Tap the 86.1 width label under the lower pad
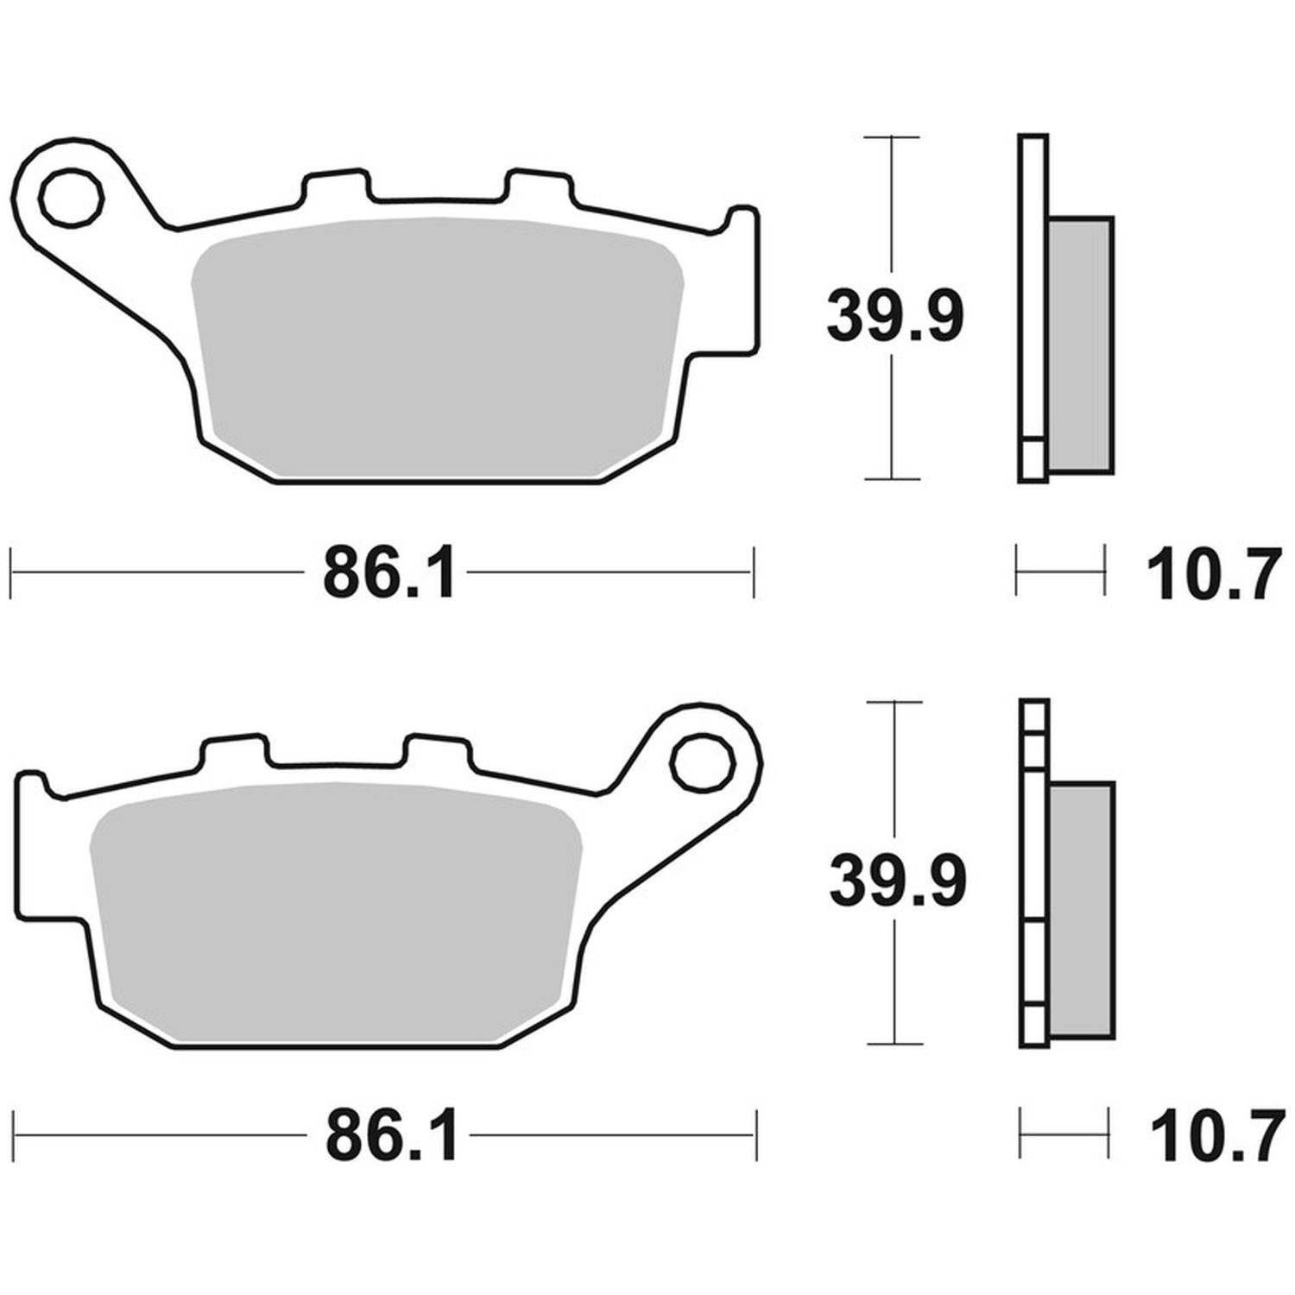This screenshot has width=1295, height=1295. tap(390, 1138)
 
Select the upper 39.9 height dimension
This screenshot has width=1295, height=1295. tap(894, 317)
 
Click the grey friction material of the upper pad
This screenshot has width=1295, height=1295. tap(437, 349)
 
